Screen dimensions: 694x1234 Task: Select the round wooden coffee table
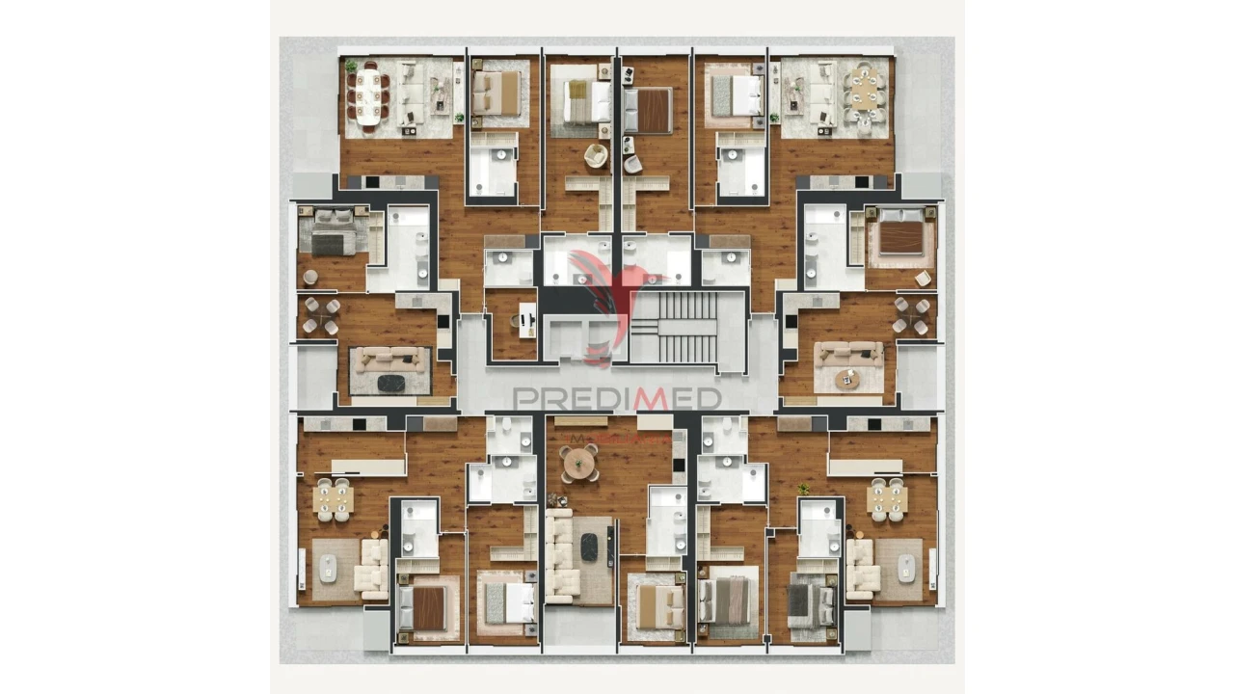(x=847, y=379)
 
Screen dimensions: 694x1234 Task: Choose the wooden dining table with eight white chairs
(x=865, y=94)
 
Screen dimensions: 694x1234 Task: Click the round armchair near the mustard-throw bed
(x=596, y=154)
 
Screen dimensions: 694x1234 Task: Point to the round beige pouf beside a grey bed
(x=310, y=278)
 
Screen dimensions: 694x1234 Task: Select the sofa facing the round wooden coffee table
(x=849, y=354)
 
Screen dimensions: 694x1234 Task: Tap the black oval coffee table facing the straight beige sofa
(x=391, y=384)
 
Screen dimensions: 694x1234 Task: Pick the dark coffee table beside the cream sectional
(x=589, y=547)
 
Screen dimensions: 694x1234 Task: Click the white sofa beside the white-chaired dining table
(x=821, y=93)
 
